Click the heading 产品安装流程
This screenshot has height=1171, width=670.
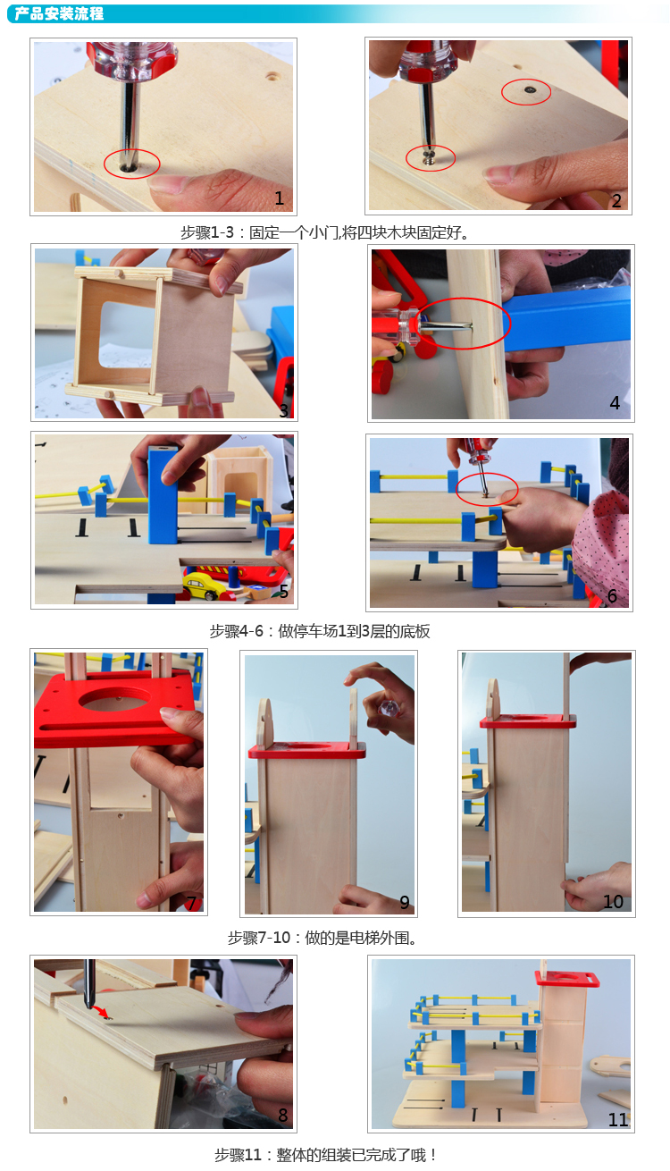pos(59,13)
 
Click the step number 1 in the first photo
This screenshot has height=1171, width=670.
pos(280,198)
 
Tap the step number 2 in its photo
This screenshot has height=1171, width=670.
pos(616,201)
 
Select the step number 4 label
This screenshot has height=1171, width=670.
pos(615,402)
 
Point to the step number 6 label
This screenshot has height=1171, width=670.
pos(612,595)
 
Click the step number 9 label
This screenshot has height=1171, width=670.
pos(404,902)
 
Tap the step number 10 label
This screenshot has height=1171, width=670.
pos(613,901)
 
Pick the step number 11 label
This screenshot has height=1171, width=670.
pos(617,1119)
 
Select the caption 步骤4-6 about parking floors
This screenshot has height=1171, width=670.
pos(320,631)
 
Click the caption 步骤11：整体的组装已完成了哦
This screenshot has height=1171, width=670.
pos(324,1154)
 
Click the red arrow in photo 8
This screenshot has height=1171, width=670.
pos(100,1011)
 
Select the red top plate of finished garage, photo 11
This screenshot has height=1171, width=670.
pos(567,978)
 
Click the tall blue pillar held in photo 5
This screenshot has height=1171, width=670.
pos(163,494)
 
